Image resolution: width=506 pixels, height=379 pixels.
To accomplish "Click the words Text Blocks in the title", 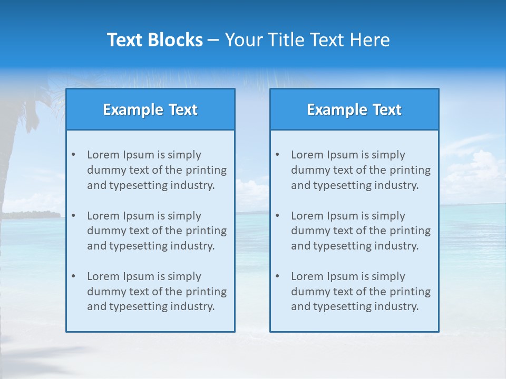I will [154, 40].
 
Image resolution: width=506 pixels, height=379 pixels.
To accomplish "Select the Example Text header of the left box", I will [150, 109].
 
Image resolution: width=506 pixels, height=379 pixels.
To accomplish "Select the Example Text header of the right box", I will [354, 109].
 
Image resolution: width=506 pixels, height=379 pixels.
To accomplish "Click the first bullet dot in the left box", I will [73, 155].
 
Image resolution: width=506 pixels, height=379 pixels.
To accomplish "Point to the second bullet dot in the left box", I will [73, 216].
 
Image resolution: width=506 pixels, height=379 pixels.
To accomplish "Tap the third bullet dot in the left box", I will [73, 276].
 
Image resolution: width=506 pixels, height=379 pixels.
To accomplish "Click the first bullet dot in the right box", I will [277, 155].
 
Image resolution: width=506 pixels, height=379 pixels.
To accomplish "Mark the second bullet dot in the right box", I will [277, 216].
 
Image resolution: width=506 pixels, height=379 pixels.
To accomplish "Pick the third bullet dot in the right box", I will [277, 276].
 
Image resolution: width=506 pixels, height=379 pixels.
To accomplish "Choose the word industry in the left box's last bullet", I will [192, 306].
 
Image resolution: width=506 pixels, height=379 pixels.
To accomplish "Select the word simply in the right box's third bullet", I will [388, 276].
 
